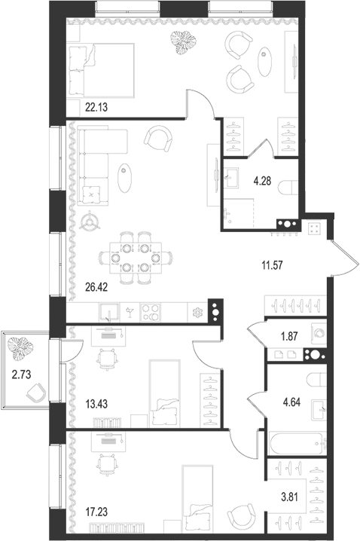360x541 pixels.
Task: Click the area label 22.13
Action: point(85,108)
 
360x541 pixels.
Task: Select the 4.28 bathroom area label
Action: point(261,180)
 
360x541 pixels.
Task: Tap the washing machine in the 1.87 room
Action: point(318,332)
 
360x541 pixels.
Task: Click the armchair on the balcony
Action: point(35,393)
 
